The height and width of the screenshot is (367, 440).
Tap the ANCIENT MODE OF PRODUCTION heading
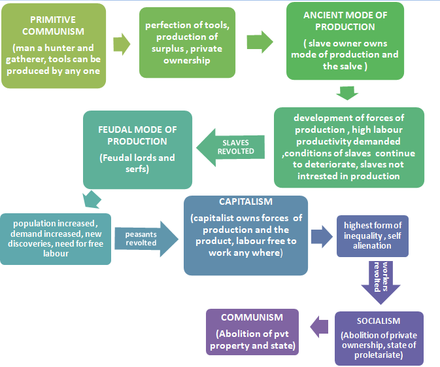pos(346,20)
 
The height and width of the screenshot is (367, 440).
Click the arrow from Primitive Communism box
pos(122,44)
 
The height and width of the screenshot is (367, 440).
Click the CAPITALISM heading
pos(245,201)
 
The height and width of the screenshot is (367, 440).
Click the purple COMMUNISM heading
pos(252,318)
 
